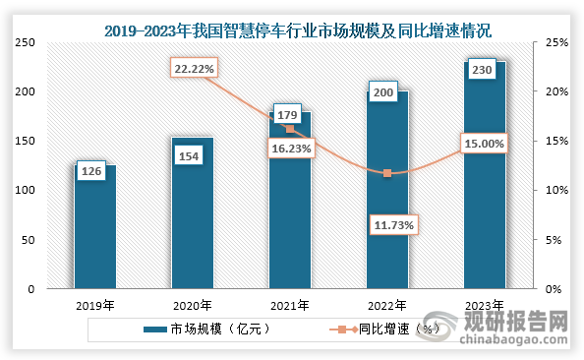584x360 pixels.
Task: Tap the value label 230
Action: [482, 71]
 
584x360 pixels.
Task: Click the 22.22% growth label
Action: [194, 69]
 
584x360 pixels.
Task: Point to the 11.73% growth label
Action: [391, 225]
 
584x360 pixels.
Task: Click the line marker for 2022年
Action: [387, 173]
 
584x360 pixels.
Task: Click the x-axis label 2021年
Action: [290, 305]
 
